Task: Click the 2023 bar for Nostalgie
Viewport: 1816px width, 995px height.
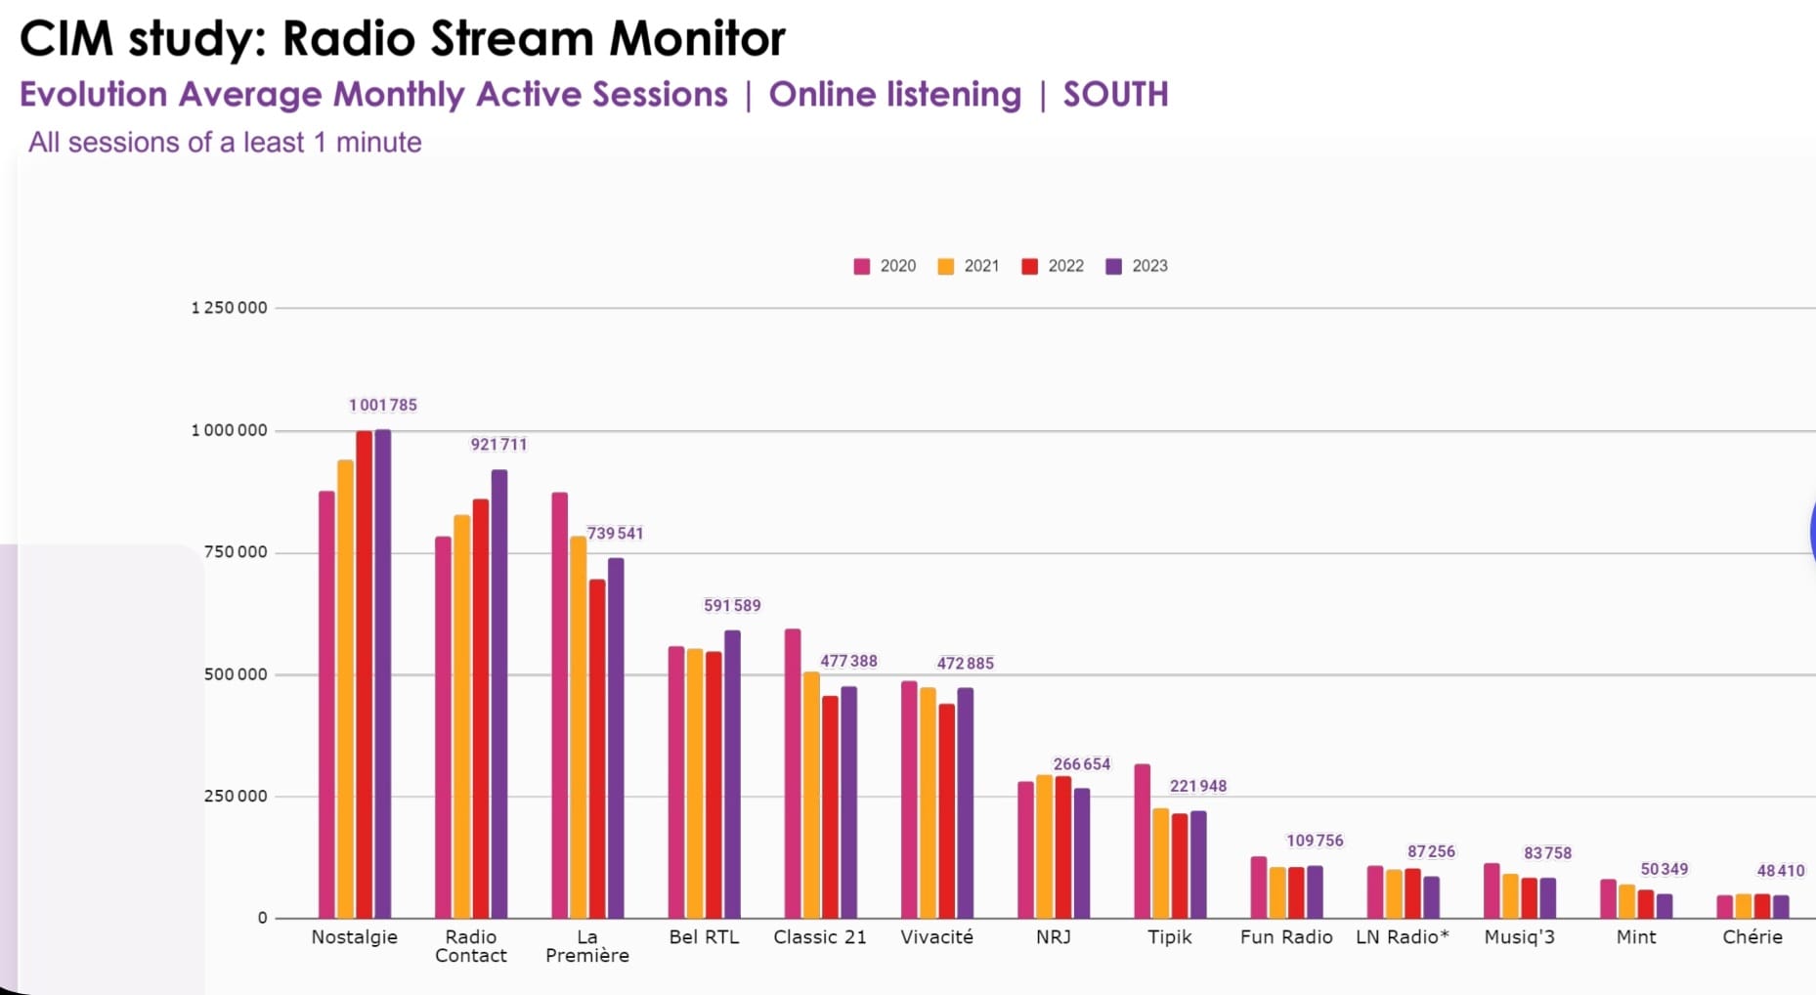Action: click(383, 674)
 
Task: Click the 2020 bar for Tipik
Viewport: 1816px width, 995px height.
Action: click(1142, 841)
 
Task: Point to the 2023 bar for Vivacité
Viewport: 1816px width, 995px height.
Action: click(965, 802)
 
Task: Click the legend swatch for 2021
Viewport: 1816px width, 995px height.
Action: click(945, 266)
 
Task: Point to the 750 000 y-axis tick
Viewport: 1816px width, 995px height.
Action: click(235, 552)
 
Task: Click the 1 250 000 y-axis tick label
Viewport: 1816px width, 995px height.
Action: click(229, 308)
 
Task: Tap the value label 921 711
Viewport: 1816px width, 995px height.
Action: click(498, 445)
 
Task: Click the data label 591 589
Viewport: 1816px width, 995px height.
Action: click(732, 606)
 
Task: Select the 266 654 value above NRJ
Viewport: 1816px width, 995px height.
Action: click(1081, 764)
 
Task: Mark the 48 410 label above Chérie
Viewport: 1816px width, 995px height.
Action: click(1780, 871)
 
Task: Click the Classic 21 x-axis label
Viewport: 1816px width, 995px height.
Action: click(819, 937)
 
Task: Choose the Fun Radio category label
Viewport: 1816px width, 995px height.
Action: click(1286, 937)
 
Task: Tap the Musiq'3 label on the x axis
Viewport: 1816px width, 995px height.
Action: click(1519, 937)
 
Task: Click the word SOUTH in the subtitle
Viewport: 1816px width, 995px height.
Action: click(1115, 95)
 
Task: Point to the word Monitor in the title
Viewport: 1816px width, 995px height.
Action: click(697, 39)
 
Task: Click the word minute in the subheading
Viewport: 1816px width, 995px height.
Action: click(378, 143)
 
